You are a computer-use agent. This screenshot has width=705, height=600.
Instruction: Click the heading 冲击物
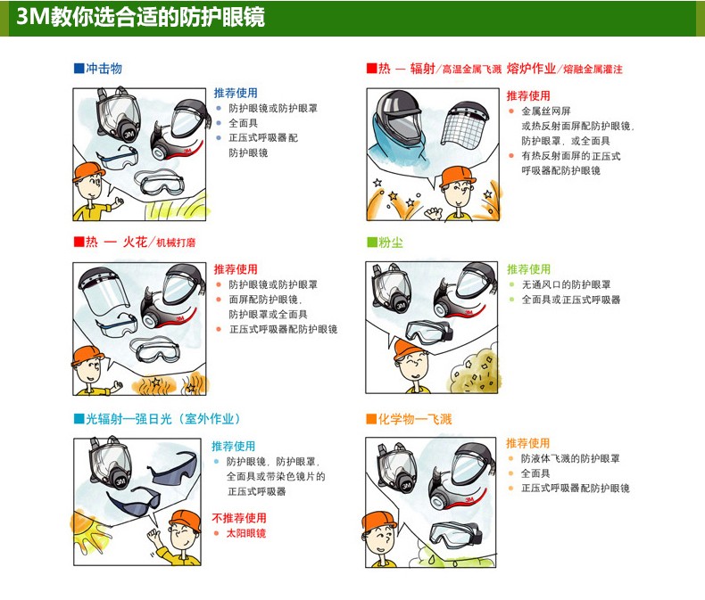point(104,69)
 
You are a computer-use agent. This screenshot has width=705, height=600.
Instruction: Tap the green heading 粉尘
point(391,243)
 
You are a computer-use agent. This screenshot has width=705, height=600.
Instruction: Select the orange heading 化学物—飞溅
point(415,419)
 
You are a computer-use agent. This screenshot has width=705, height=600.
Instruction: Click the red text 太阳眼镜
point(246,533)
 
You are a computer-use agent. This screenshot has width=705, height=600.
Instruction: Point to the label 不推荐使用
point(239,518)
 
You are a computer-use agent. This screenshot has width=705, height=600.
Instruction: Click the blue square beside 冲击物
point(79,69)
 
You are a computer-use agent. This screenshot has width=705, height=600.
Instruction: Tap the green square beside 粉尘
point(372,243)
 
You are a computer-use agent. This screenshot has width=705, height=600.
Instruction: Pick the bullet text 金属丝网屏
point(546,111)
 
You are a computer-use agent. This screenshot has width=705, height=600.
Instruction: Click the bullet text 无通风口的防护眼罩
point(566,284)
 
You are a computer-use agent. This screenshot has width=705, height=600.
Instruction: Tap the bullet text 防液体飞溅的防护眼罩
point(570,458)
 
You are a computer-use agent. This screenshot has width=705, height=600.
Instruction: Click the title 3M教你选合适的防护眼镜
point(141,17)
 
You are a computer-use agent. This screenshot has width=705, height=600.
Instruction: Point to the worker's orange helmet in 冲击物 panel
point(87,171)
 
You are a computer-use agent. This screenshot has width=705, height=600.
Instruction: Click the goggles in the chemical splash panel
point(455,534)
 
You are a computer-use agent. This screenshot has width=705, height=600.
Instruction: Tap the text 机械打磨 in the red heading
point(176,243)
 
